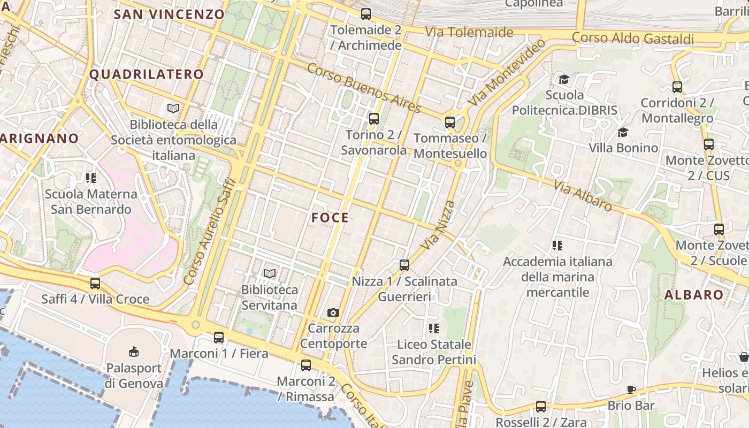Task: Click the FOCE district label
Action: pyautogui.click(x=330, y=218)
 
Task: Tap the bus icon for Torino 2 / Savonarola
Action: pyautogui.click(x=374, y=119)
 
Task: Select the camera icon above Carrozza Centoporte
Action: pyautogui.click(x=333, y=312)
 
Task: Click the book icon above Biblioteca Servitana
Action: pyautogui.click(x=270, y=273)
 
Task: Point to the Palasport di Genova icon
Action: pyautogui.click(x=134, y=351)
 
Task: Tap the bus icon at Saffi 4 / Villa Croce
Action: pyautogui.click(x=95, y=284)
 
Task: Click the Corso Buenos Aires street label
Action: pyautogui.click(x=364, y=88)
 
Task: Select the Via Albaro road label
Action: pyautogui.click(x=583, y=195)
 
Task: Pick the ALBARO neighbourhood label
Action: pyautogui.click(x=694, y=295)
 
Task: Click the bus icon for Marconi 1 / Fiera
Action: pyautogui.click(x=219, y=338)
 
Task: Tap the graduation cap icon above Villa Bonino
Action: pyautogui.click(x=623, y=132)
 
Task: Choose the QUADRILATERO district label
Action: pyautogui.click(x=147, y=74)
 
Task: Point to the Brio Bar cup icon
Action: pyautogui.click(x=631, y=389)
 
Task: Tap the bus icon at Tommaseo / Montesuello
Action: pyautogui.click(x=450, y=123)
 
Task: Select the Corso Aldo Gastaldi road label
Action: pyautogui.click(x=633, y=39)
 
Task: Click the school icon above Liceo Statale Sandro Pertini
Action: pyautogui.click(x=434, y=328)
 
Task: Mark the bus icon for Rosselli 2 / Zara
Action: pyautogui.click(x=541, y=407)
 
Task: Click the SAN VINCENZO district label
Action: pyautogui.click(x=169, y=14)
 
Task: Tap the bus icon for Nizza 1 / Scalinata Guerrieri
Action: pyautogui.click(x=404, y=265)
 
